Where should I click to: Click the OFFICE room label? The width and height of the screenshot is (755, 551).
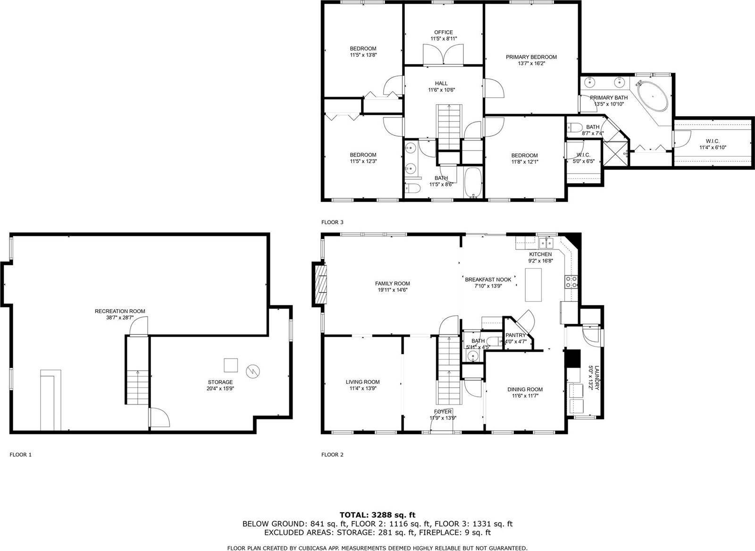click(x=444, y=33)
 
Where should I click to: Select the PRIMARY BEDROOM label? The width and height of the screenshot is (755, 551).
click(x=531, y=57)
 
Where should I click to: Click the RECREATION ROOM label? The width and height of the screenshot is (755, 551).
click(x=120, y=311)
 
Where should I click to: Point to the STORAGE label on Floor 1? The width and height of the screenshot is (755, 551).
click(x=220, y=382)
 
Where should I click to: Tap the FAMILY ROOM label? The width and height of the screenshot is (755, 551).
click(x=393, y=284)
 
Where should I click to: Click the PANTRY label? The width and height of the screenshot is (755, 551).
click(x=515, y=335)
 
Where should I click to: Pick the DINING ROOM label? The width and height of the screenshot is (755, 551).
click(x=525, y=390)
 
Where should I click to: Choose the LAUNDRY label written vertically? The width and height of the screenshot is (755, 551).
click(x=596, y=377)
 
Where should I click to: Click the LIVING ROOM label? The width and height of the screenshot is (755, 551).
click(x=362, y=382)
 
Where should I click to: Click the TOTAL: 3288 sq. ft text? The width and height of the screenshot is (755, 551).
click(x=377, y=515)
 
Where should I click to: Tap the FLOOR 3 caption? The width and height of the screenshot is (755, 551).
click(x=332, y=222)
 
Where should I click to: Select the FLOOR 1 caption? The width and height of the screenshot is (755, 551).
click(x=21, y=455)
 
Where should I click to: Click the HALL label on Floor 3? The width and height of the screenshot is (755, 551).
click(x=442, y=84)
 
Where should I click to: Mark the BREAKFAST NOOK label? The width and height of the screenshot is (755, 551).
click(x=488, y=280)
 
